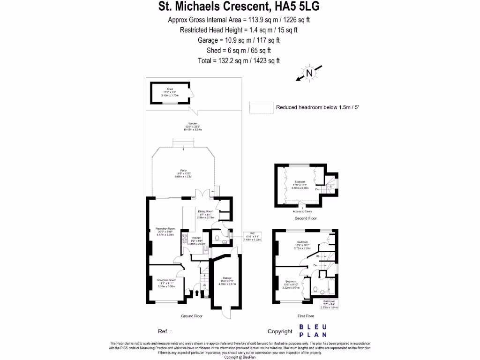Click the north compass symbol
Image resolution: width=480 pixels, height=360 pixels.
[308, 73]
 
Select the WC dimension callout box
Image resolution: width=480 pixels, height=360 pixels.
[252, 237]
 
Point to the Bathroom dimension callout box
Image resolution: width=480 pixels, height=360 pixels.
[329, 305]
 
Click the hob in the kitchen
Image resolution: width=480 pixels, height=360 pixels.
[185, 239]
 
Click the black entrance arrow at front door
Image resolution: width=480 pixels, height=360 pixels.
[196, 294]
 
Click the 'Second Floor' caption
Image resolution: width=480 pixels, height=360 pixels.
[306, 218]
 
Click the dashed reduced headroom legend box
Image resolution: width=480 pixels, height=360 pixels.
[261, 107]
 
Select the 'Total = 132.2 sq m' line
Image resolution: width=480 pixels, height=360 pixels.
[240, 61]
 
